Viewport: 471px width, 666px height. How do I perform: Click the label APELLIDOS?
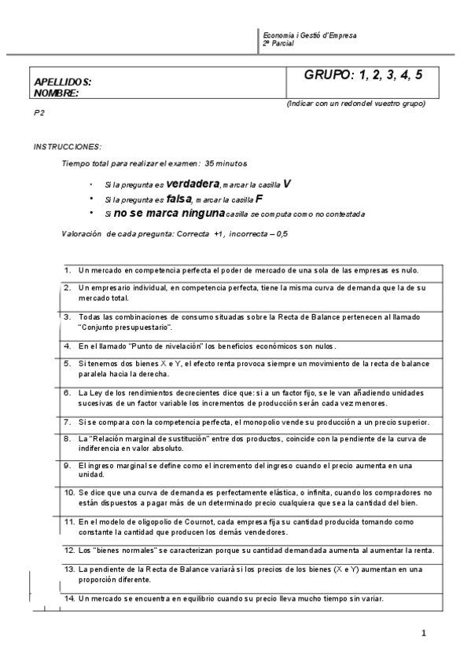63,82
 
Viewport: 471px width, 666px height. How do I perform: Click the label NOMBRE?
57,93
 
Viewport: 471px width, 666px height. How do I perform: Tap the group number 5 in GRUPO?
419,75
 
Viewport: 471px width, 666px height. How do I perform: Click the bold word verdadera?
193,184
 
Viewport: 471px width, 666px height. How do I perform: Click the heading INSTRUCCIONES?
68,147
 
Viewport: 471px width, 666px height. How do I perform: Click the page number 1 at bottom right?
423,632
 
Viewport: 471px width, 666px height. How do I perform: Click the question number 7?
68,422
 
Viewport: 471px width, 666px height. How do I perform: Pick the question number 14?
68,598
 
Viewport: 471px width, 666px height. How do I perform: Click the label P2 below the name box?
39,113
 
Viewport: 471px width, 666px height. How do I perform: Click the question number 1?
68,270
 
